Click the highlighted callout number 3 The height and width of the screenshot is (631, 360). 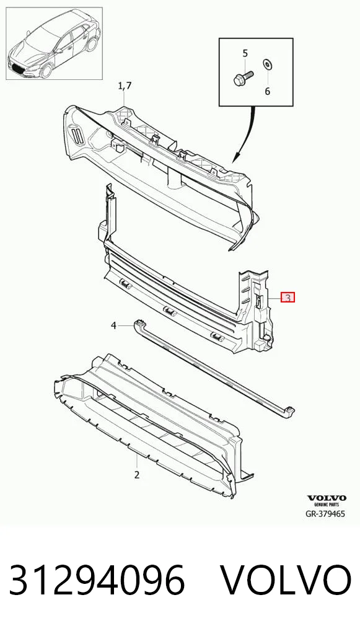288,298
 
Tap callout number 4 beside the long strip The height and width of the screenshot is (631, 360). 113,325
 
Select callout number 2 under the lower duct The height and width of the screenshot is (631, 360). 137,474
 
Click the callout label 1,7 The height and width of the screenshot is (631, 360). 125,86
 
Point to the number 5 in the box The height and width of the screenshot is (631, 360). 245,53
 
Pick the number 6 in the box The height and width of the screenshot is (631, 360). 268,91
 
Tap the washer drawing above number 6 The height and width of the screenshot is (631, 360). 267,64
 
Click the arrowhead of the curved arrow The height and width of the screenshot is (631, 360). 236,157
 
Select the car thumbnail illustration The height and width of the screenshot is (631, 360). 55,43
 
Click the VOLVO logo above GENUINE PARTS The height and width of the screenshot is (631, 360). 327,498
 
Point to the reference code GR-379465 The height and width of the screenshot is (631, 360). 325,514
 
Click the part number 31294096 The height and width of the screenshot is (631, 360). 97,580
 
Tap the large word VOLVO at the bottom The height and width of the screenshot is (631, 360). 286,580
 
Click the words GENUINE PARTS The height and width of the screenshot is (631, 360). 327,504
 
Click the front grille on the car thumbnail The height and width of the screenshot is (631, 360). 17,67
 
